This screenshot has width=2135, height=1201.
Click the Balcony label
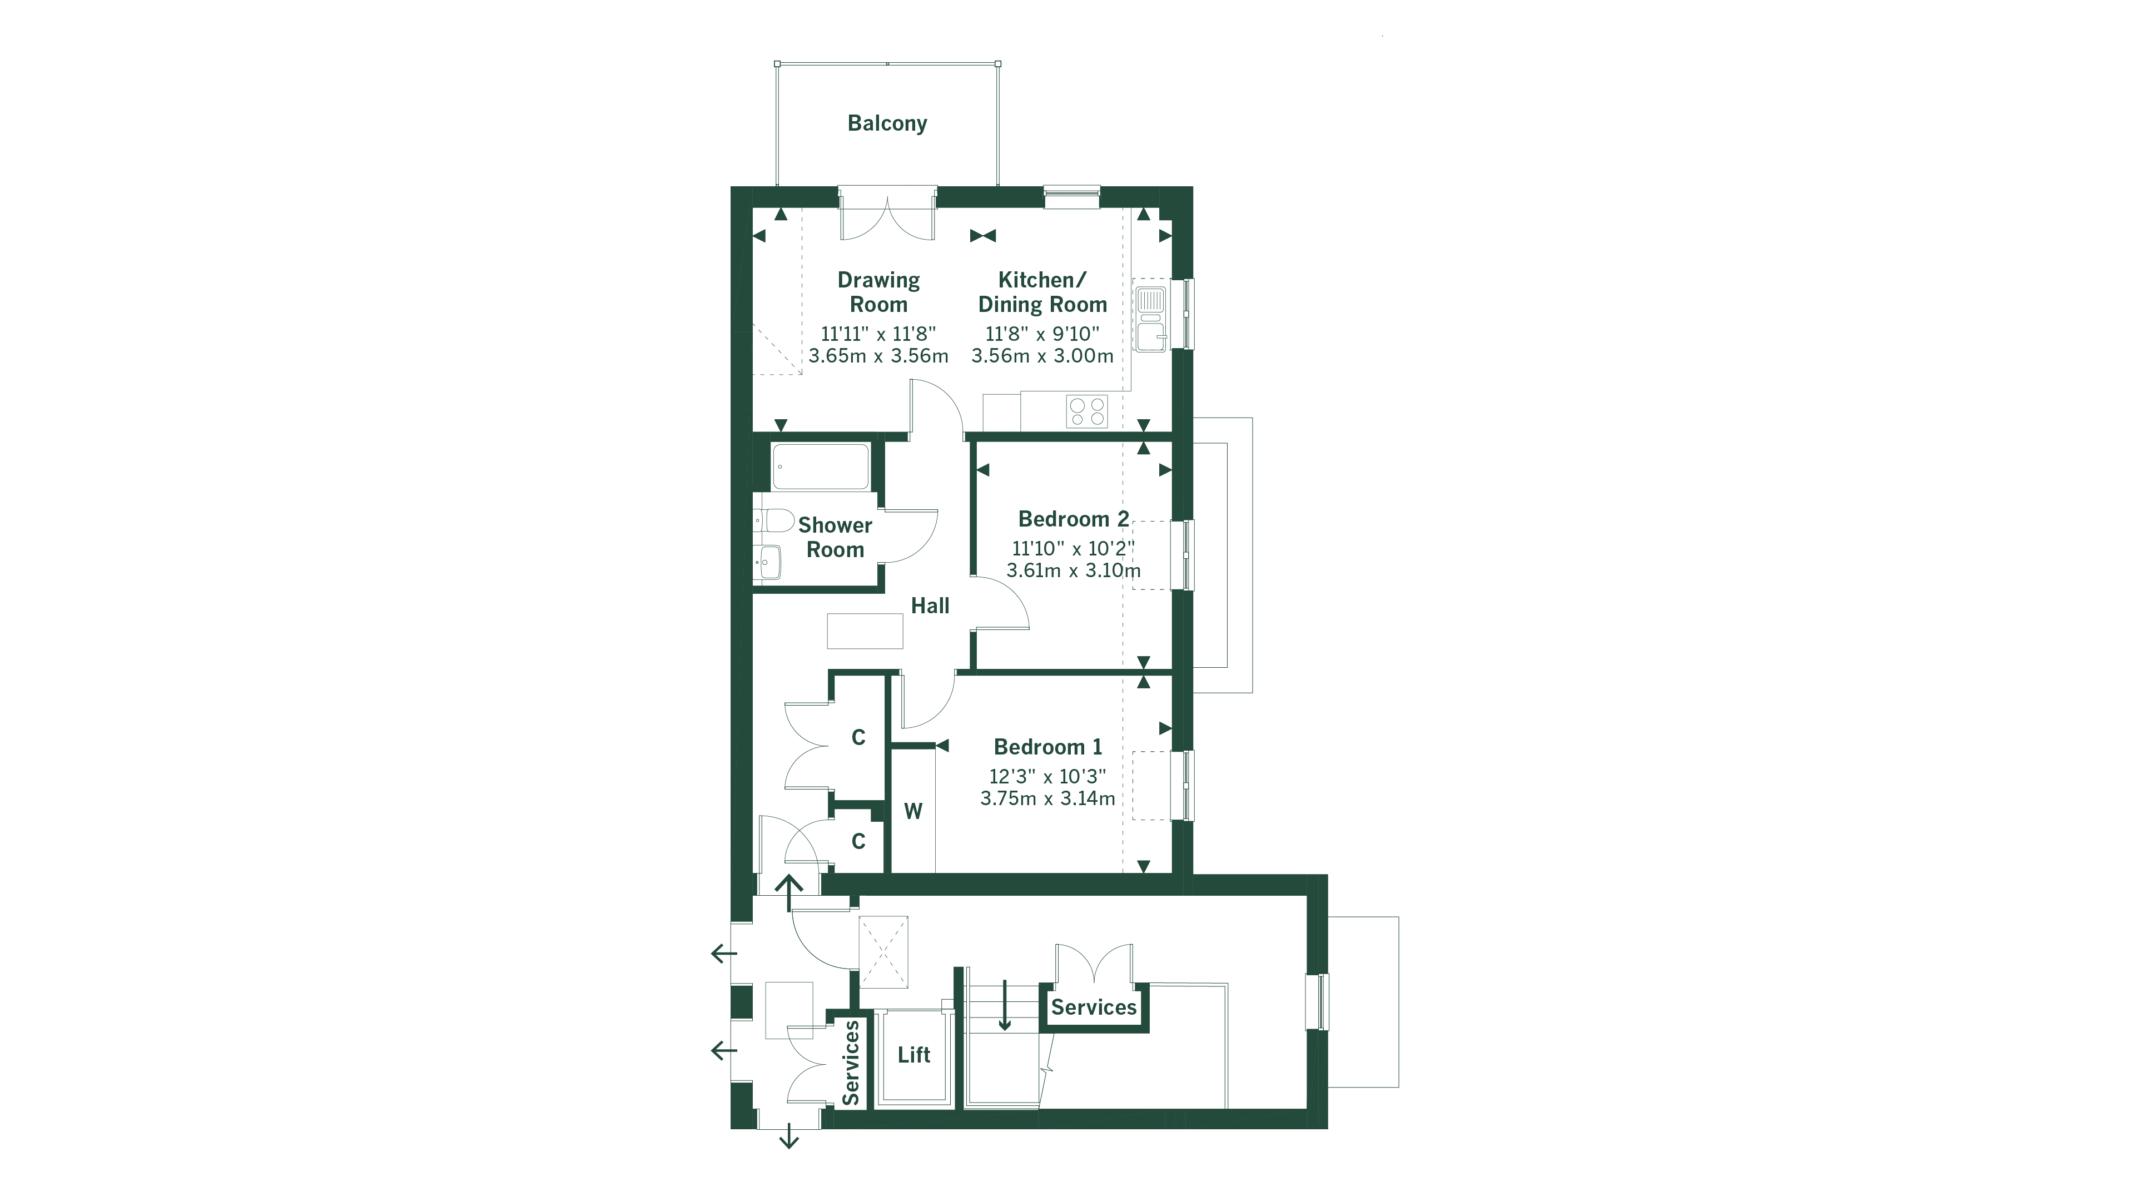coord(887,123)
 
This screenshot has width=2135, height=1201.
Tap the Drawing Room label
coord(878,292)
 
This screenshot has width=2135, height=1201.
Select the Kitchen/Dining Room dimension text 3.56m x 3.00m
coord(1042,356)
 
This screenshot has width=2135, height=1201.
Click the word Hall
coord(930,606)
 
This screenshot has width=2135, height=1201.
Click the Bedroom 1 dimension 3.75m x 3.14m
coord(1047,799)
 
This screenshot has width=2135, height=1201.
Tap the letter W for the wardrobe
coord(912,811)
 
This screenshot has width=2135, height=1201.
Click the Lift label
coord(913,1055)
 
